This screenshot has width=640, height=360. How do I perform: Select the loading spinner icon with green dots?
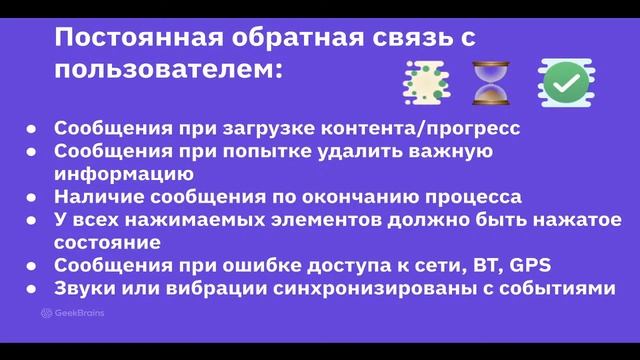[x=421, y=82]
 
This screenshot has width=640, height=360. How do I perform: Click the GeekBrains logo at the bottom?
[x=73, y=313]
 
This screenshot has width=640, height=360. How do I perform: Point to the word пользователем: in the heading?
[x=168, y=71]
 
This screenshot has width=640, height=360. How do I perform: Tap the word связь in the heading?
[x=399, y=38]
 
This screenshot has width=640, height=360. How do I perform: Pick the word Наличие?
[x=91, y=196]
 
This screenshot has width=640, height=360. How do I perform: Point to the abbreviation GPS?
[x=530, y=265]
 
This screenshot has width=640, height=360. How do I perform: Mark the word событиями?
[x=558, y=288]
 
